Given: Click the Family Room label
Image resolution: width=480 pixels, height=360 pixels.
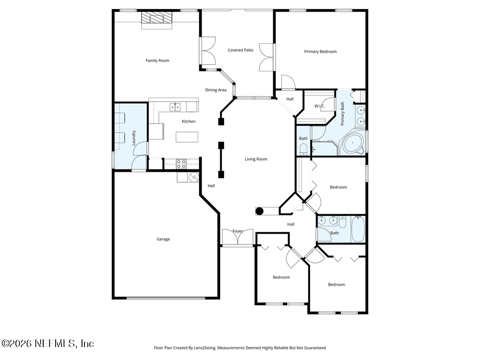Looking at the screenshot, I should pos(157,60).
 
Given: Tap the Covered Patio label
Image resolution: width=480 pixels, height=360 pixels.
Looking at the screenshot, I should pos(240,50).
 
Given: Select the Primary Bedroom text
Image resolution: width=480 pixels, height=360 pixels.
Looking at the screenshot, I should pos(320,51).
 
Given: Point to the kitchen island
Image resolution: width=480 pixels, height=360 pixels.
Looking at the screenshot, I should pos(187,137).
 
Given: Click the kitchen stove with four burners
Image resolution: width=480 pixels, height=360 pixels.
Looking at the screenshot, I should pos(181,164).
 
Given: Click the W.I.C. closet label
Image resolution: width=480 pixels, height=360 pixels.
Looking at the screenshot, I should pos(320,106).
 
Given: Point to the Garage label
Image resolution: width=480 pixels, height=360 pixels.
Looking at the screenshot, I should pos(163,239).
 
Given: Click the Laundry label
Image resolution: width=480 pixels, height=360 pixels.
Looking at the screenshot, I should pos(134,138).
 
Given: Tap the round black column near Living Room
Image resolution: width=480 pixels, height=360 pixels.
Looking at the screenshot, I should pos(259,211).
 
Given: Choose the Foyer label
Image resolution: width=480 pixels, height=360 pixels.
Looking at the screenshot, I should pos(238,231).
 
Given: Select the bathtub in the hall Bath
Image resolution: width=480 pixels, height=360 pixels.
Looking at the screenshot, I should pos(358,229).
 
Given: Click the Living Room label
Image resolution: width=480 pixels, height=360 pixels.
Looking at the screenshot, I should pos(256,159).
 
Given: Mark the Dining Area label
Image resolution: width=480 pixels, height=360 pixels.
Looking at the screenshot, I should pos(216,90).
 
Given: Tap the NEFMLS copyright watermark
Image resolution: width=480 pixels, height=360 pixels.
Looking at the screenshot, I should pos(48,343).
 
